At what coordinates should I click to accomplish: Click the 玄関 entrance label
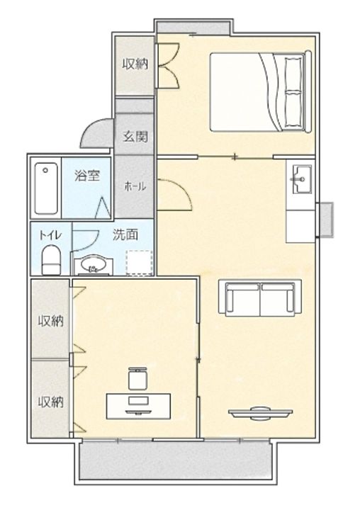(x=135, y=137)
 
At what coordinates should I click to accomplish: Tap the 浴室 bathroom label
(x=87, y=176)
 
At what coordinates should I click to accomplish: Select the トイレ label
(x=50, y=235)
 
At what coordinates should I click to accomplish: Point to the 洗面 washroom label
(x=125, y=234)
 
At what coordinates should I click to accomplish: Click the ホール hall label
(x=135, y=186)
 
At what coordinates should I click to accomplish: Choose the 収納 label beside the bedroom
(x=135, y=64)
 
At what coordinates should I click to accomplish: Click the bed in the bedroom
(x=261, y=91)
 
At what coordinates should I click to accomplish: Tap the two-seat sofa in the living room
(x=260, y=298)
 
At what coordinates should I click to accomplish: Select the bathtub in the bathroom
(x=47, y=188)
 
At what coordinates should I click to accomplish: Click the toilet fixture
(x=51, y=260)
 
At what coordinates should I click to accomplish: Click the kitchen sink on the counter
(x=303, y=179)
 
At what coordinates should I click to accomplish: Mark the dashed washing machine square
(x=140, y=263)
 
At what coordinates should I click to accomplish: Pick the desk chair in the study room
(x=137, y=378)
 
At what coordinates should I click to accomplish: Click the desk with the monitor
(x=139, y=407)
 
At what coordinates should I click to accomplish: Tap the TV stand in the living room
(x=260, y=413)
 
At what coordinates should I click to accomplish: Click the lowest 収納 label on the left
(x=51, y=402)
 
